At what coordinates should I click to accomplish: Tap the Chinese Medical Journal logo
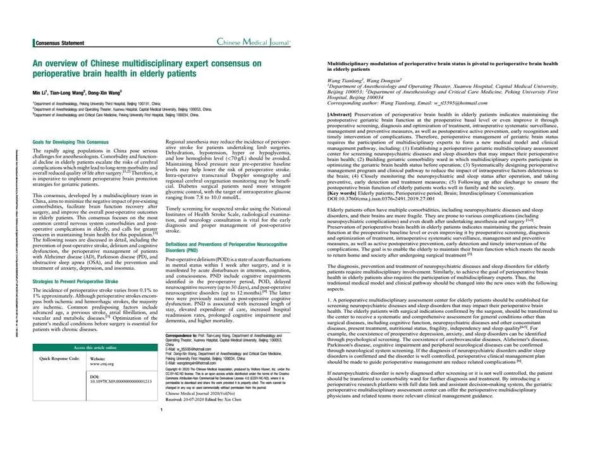[x=254, y=42]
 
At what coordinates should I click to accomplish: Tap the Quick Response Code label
[x=59, y=358]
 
